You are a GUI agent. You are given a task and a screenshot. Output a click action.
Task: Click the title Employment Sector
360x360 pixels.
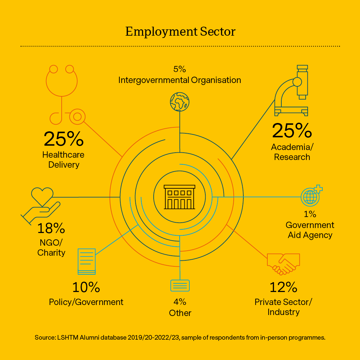coord(180,32)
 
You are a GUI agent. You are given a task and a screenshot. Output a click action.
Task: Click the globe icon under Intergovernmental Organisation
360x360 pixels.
coord(179,102)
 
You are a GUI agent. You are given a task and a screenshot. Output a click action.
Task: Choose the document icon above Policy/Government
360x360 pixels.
coord(87,261)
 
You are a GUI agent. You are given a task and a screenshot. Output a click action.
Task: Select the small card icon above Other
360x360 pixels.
coord(180,286)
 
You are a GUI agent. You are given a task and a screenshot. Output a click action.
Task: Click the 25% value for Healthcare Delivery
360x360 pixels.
coord(63,139)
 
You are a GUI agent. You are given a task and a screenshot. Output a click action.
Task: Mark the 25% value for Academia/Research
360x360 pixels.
coord(292,130)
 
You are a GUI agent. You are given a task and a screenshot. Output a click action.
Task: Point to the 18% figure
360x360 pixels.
coord(51,229)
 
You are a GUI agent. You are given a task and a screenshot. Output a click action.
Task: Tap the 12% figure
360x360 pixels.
coord(283,287)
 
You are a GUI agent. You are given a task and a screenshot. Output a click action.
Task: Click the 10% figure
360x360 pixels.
coord(86,287)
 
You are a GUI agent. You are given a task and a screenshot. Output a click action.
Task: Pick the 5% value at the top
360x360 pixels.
coord(179,69)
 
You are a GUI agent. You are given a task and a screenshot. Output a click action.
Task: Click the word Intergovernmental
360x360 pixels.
coord(153,80)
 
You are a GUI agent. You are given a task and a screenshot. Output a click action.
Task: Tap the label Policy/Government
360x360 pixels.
coord(86,302)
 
